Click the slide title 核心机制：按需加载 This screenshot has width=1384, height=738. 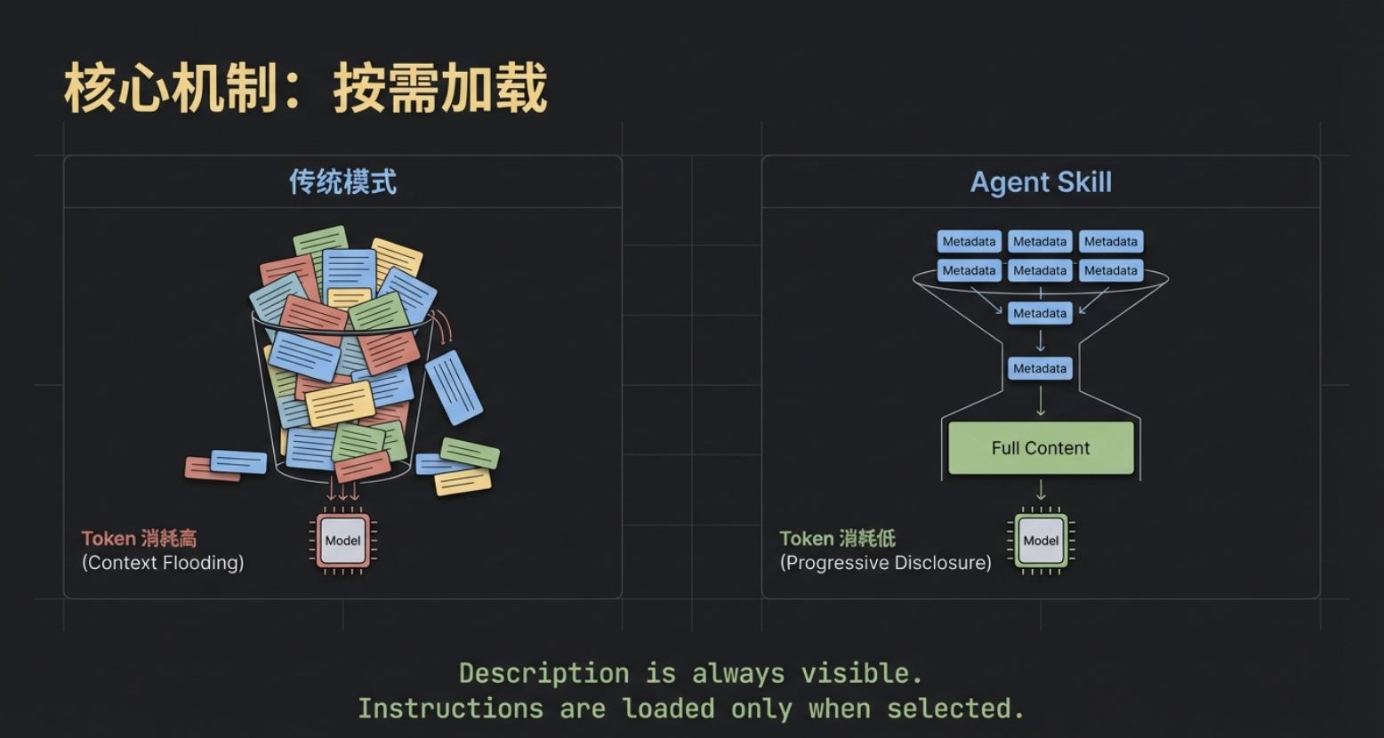pyautogui.click(x=305, y=89)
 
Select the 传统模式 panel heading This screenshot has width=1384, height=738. pyautogui.click(x=342, y=182)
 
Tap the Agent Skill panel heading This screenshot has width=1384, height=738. pyautogui.click(x=1041, y=182)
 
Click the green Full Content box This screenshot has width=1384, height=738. pyautogui.click(x=1041, y=448)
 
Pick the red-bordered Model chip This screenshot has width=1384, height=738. pyautogui.click(x=342, y=541)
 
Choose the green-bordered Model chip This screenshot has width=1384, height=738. pyautogui.click(x=1041, y=541)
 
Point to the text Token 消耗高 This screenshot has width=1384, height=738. pyautogui.click(x=139, y=538)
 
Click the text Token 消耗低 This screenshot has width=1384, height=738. pyautogui.click(x=837, y=538)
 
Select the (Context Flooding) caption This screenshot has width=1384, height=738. pyautogui.click(x=163, y=563)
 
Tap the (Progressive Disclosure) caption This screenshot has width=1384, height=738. pyautogui.click(x=885, y=563)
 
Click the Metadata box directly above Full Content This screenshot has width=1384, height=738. pyautogui.click(x=1040, y=368)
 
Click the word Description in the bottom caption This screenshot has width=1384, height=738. pyautogui.click(x=543, y=673)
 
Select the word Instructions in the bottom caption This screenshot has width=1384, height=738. pyautogui.click(x=450, y=709)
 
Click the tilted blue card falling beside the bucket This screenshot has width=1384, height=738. pyautogui.click(x=454, y=387)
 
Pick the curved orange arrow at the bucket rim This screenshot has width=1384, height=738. pyautogui.click(x=442, y=327)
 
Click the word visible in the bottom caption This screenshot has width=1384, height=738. pyautogui.click(x=856, y=673)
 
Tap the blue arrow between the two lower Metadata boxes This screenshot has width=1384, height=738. pyautogui.click(x=1041, y=341)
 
